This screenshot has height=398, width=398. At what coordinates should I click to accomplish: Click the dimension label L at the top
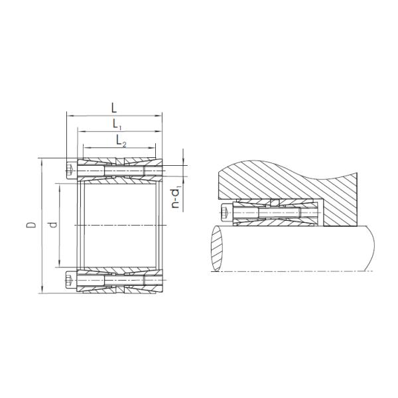point(115,106)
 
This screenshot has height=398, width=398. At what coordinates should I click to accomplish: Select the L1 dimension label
point(116,124)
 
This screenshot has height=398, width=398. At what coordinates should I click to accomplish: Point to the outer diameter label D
point(31,226)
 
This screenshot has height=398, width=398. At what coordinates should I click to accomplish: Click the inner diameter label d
point(53,226)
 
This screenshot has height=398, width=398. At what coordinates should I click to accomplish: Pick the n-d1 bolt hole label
point(175,198)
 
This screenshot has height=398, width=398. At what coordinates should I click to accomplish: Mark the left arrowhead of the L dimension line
point(68,115)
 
